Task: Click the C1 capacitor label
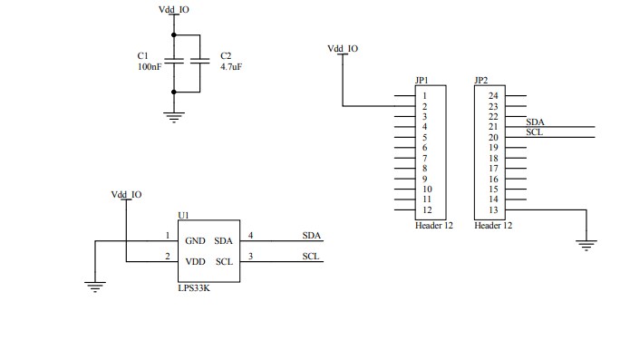142,55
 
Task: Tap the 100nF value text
150,67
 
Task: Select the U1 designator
183,215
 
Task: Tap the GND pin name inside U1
195,241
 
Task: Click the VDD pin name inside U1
195,262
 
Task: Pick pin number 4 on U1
250,236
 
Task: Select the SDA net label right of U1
312,236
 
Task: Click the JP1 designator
422,80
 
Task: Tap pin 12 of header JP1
426,210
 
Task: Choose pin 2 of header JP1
424,106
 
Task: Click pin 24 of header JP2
493,95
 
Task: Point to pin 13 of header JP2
493,210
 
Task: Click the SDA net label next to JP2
536,122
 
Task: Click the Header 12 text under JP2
493,225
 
